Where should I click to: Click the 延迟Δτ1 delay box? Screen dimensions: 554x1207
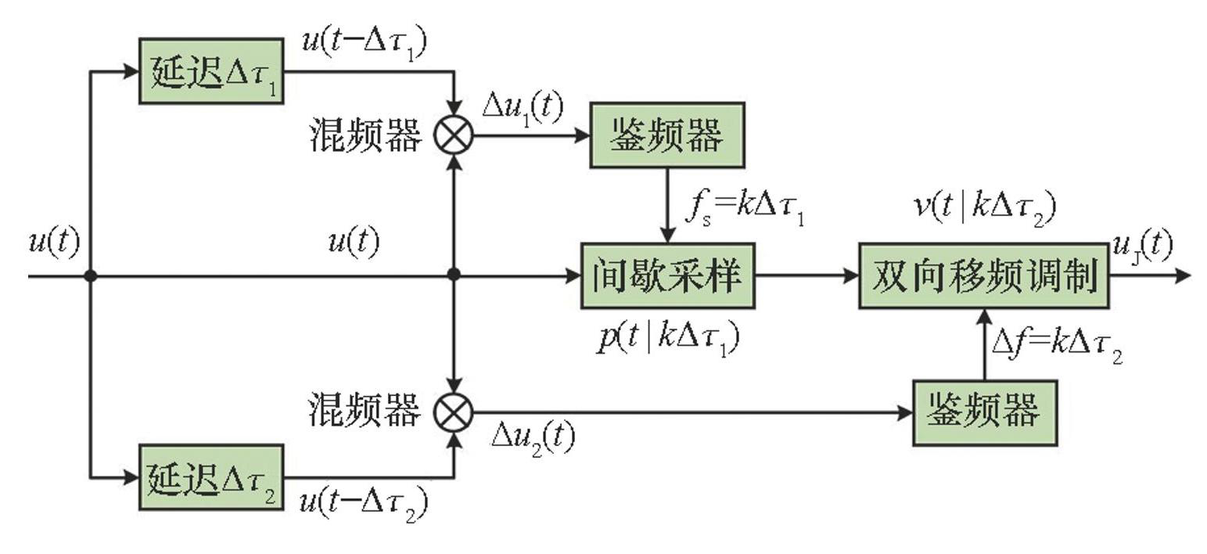coord(211,71)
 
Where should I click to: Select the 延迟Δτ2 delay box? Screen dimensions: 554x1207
coord(211,477)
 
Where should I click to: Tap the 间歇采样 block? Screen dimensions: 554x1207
coord(667,275)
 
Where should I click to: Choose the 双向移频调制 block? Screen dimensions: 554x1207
coord(983,275)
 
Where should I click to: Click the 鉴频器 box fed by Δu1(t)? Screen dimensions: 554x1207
coord(666,135)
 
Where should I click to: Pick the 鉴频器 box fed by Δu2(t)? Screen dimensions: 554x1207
coord(984,412)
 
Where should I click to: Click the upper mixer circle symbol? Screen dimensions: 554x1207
coord(454,135)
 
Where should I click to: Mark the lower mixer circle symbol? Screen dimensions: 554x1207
coord(454,412)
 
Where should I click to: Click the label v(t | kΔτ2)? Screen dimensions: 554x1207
coord(984,207)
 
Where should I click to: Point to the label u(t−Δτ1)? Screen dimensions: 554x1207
coord(364,43)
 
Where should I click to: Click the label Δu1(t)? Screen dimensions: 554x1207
coord(522,107)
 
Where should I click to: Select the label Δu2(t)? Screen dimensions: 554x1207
coord(532,439)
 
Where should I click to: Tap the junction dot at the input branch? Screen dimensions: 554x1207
coord(91,275)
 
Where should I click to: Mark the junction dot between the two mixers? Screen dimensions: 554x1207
coord(454,275)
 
